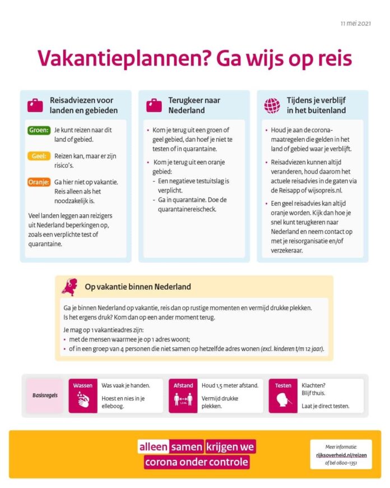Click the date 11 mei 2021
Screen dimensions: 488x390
(x=355, y=24)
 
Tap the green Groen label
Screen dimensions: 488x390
(x=39, y=131)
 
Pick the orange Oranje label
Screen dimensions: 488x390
(x=39, y=182)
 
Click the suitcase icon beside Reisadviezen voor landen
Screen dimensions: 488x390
(x=35, y=105)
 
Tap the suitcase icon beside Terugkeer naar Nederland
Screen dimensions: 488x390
(x=154, y=105)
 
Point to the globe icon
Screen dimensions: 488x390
(x=272, y=105)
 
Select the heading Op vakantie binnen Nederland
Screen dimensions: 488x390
(x=138, y=287)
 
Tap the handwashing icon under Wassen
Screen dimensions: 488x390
(x=82, y=400)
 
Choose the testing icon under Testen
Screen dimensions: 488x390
(x=283, y=400)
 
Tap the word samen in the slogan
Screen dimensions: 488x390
(x=187, y=446)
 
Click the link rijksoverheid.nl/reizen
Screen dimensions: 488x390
(x=341, y=455)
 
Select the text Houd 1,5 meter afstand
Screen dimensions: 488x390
(x=230, y=385)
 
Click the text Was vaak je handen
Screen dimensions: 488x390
(x=127, y=385)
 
